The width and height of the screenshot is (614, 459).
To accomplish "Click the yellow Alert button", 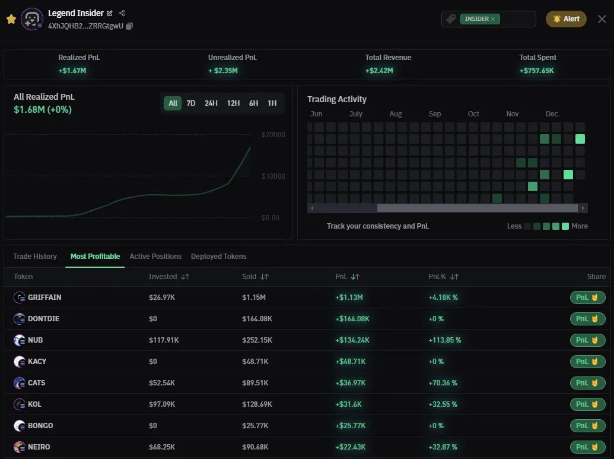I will coord(566,19).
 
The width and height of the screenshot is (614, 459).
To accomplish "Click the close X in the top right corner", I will coord(602,19).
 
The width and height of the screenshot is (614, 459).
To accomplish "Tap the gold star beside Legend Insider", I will coord(11,19).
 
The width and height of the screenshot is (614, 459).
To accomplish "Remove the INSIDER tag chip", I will coord(493,19).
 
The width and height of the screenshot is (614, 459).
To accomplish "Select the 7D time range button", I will coord(191,103).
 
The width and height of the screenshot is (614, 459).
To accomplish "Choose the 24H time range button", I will coord(211,103).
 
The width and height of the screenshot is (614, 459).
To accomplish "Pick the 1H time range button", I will coord(272,103).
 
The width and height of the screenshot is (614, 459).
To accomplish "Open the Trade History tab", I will coord(35,257).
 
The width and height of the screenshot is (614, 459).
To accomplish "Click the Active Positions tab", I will coord(155,257).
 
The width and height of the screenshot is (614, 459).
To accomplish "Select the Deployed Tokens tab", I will coord(218,257).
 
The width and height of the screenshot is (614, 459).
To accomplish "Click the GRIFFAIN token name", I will coord(44,297).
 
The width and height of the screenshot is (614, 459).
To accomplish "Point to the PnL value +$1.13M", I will coord(349,297).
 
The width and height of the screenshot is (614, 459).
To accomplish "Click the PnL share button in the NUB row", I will coord(587,340).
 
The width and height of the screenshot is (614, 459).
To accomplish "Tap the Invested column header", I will coord(163,277).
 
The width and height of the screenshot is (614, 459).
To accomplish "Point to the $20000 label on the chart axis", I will coord(273,135).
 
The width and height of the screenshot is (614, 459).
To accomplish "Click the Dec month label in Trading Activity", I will coord(552,114).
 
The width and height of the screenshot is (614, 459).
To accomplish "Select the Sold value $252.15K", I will coord(257,340).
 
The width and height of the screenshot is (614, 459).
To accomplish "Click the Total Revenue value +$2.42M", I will coord(379,71).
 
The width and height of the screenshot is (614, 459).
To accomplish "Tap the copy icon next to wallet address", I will coord(129,26).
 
